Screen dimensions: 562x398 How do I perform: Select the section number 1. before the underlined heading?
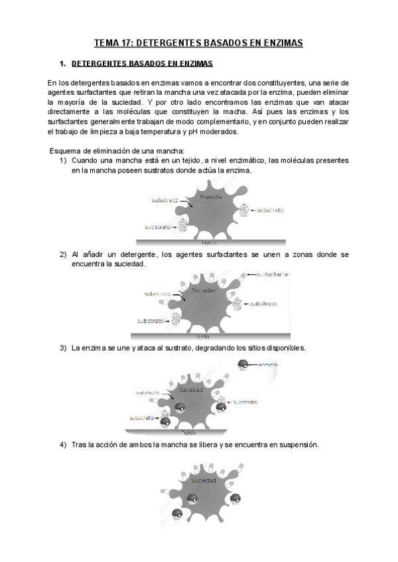click(63, 64)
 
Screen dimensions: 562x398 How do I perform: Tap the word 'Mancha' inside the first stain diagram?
click(210, 197)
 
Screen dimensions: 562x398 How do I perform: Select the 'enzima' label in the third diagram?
click(267, 365)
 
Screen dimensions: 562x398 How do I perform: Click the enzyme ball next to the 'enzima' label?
click(244, 365)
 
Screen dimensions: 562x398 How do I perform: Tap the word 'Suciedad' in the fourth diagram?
click(204, 480)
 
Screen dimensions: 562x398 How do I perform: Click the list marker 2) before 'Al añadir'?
click(63, 254)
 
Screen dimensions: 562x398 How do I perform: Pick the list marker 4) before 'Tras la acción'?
click(63, 445)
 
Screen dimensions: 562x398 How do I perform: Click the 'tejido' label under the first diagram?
click(209, 243)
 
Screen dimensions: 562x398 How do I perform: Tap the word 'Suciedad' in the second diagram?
click(203, 291)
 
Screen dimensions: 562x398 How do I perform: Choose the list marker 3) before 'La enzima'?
click(63, 348)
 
